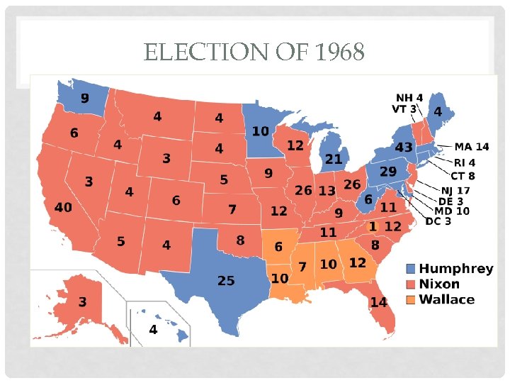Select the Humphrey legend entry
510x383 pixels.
click(x=455, y=269)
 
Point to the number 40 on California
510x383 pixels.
click(x=63, y=207)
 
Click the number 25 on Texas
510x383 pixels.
click(x=226, y=281)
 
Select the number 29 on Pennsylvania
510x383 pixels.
click(x=387, y=172)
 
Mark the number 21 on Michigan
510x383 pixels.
click(x=333, y=159)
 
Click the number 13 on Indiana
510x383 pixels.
click(x=327, y=191)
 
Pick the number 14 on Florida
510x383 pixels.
click(x=378, y=302)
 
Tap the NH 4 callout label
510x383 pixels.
click(x=409, y=97)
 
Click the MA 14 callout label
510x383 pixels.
click(x=471, y=147)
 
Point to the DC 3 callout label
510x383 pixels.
click(x=438, y=221)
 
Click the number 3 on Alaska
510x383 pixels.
click(x=83, y=302)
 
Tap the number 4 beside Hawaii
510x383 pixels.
click(x=153, y=330)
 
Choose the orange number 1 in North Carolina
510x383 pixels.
click(x=372, y=226)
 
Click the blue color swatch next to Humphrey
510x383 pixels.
click(x=411, y=269)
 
